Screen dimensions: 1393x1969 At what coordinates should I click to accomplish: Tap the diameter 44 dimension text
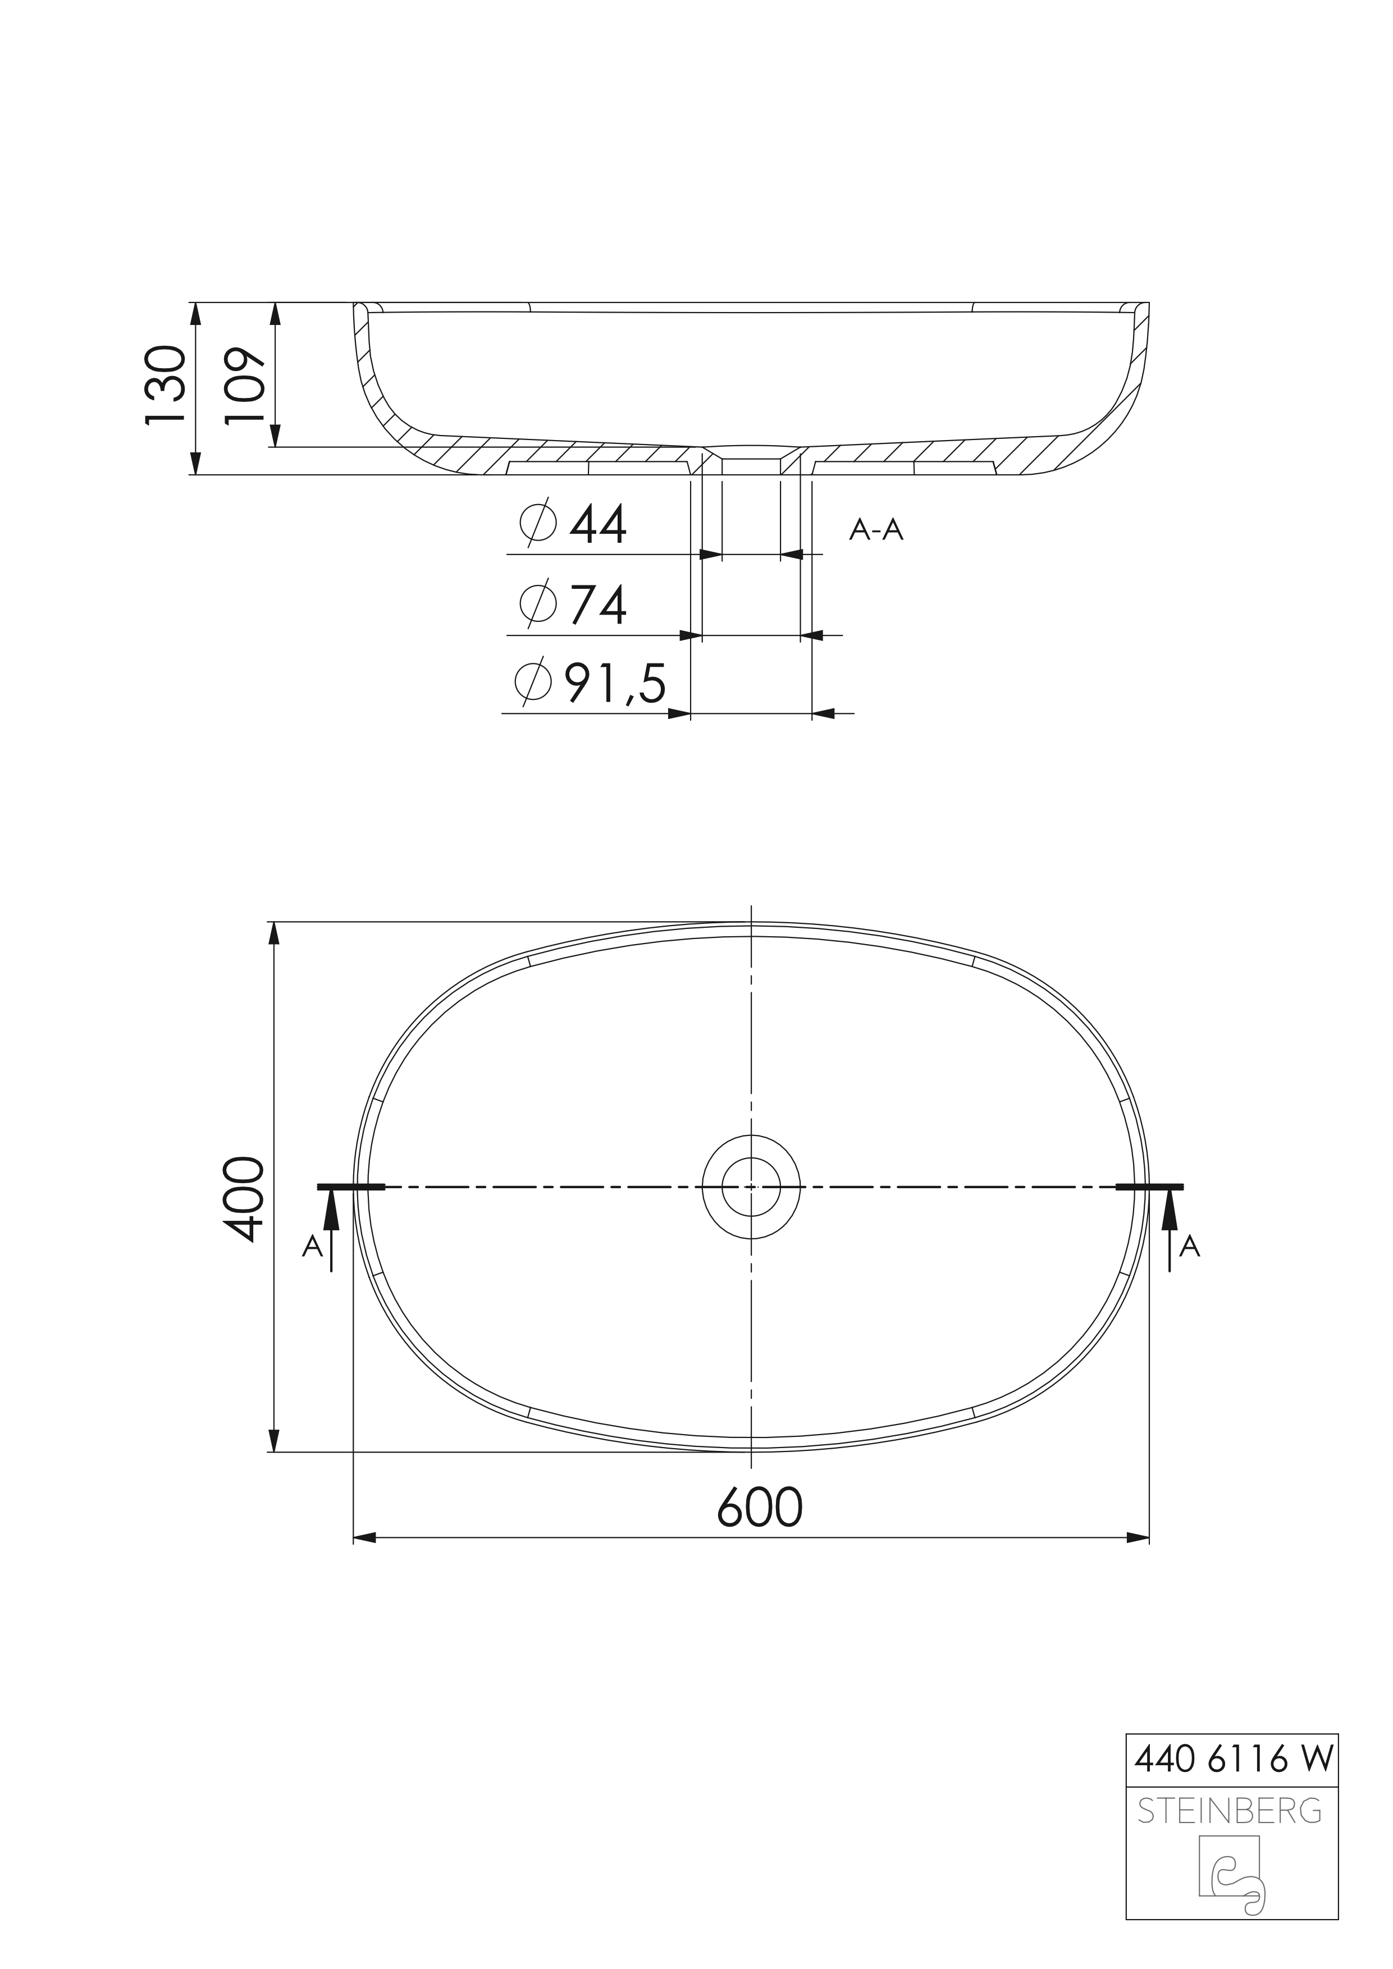tap(573, 524)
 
